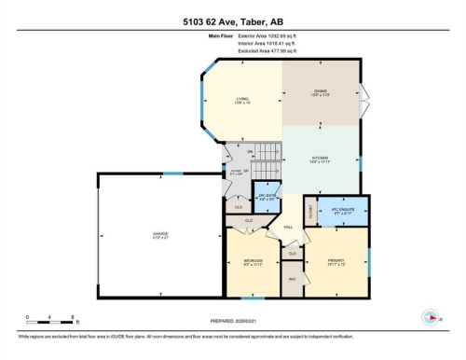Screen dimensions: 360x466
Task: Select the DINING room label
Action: (x=320, y=92)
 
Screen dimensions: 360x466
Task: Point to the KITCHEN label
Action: (x=320, y=159)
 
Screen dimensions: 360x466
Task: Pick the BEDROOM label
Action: (x=253, y=262)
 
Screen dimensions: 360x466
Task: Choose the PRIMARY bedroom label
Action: (x=336, y=262)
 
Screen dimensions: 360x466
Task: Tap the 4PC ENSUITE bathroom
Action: (x=344, y=212)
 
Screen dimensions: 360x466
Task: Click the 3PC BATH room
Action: (x=267, y=198)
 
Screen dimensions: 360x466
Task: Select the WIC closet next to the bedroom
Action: (x=292, y=278)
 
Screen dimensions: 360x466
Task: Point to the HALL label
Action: (x=288, y=227)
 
